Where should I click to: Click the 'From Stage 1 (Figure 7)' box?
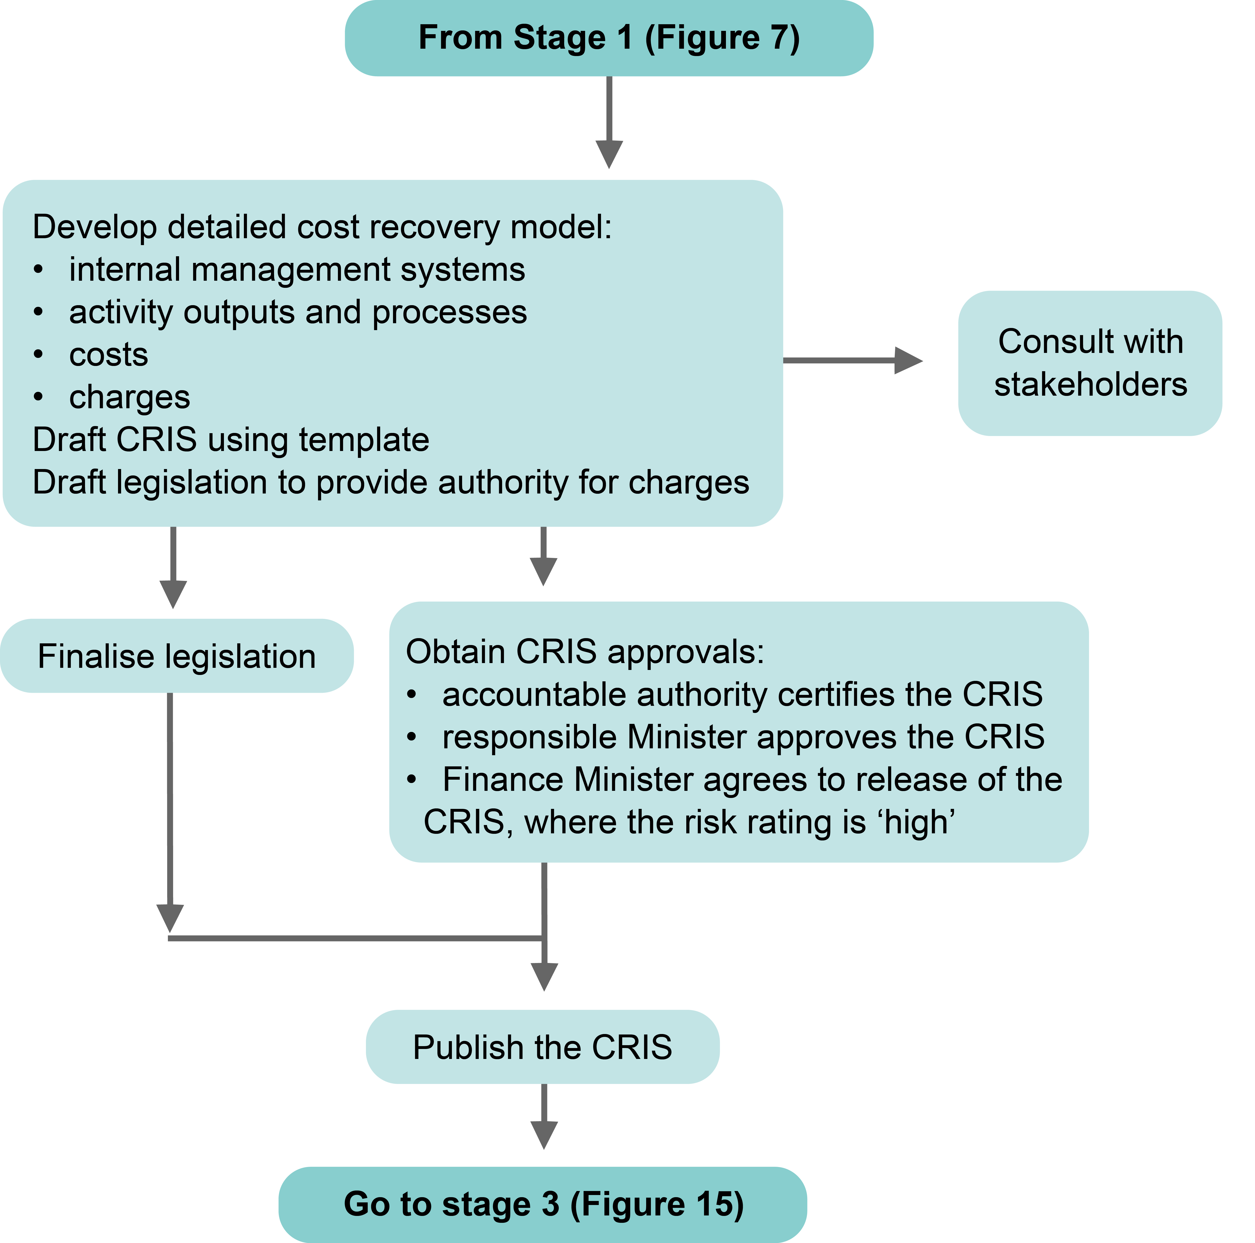tap(609, 38)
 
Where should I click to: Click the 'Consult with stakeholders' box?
tap(1090, 363)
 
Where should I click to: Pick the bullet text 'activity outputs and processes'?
tap(298, 312)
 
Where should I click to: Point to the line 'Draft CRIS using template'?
tap(231, 440)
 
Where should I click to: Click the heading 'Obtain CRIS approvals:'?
tap(585, 651)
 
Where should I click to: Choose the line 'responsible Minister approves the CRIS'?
tap(743, 737)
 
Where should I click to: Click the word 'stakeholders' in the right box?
tap(1090, 384)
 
